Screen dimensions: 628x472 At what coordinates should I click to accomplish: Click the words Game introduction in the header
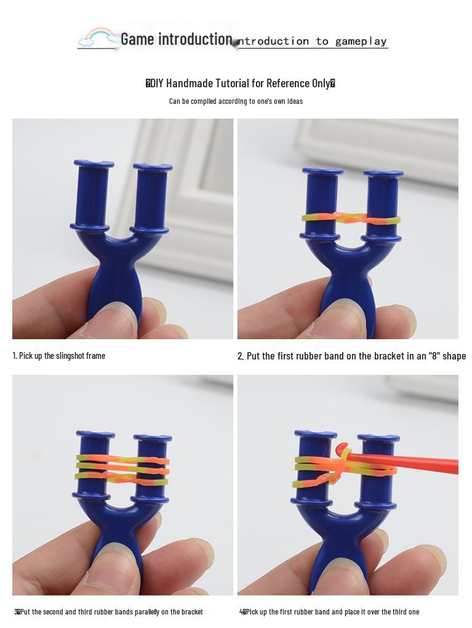[x=176, y=39]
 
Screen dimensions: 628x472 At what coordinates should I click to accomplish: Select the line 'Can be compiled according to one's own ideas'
[x=236, y=101]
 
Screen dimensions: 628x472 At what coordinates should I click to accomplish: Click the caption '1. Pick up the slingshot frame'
[x=59, y=356]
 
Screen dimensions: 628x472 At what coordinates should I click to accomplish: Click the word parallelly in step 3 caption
[x=141, y=612]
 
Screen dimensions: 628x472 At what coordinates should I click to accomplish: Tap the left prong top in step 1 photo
[x=94, y=164]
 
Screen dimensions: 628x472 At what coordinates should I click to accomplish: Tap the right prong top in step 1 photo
[x=153, y=167]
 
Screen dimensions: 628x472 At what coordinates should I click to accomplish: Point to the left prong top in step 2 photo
[x=322, y=171]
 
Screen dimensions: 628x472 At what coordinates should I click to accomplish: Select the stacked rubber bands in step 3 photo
[x=122, y=469]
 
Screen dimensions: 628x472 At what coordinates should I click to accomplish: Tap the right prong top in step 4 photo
[x=378, y=439]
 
